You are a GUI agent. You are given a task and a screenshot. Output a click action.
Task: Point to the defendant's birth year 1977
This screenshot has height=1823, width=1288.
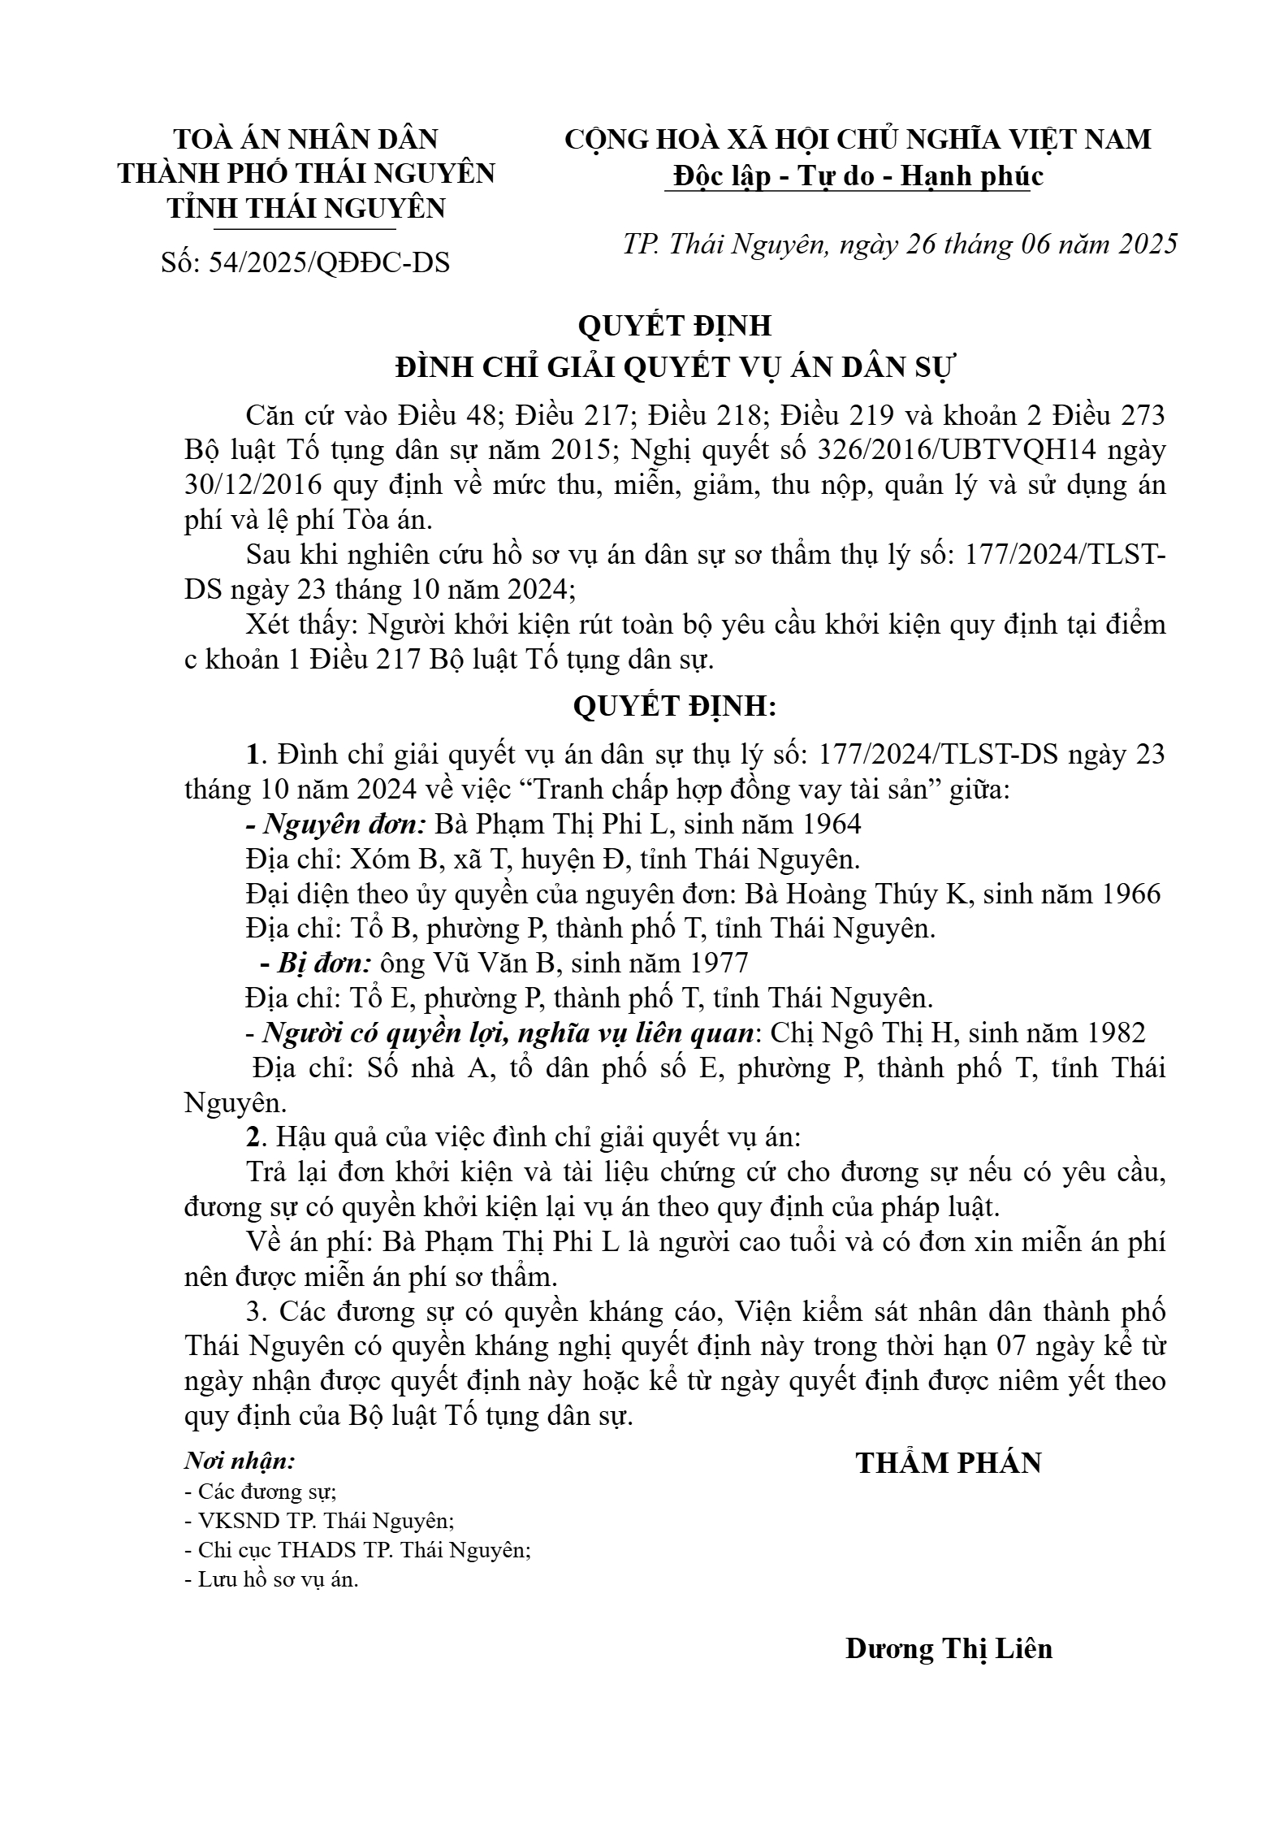point(718,963)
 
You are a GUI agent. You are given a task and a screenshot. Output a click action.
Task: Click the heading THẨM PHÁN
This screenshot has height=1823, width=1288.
point(949,1463)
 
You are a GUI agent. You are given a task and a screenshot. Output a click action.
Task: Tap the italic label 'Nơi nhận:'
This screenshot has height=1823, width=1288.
point(240,1461)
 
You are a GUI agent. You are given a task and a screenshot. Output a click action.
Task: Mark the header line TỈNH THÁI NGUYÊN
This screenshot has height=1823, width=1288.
point(307,208)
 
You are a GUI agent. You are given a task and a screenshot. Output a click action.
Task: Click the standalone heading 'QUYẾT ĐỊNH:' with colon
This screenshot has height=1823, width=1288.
point(675,707)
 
